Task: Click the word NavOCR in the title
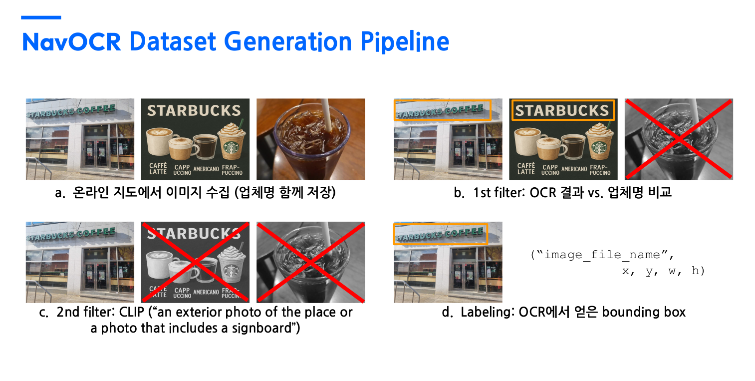71,41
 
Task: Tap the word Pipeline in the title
405,42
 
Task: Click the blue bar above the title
41,17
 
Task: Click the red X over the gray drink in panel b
679,139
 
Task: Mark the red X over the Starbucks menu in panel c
195,262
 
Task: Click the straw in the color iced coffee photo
326,115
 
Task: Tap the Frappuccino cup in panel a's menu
231,142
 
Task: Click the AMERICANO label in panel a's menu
206,169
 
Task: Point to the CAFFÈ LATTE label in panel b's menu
526,169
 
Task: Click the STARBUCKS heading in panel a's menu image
194,110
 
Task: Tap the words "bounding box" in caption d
644,312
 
